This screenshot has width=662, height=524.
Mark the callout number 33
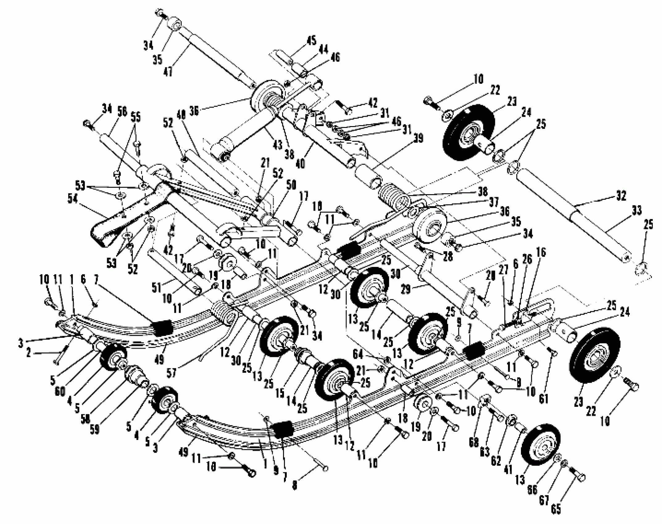pos(636,211)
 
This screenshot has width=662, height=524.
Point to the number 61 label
pos(543,399)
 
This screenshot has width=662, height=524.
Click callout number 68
pos(474,443)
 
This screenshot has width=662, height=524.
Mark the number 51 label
pos(156,288)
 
